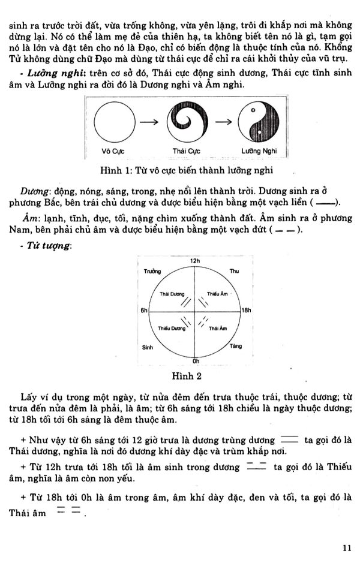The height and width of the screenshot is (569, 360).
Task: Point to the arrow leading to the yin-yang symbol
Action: click(x=224, y=123)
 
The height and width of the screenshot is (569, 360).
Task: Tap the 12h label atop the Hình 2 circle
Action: click(x=194, y=261)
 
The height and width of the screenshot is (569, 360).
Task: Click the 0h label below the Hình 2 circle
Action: click(x=195, y=362)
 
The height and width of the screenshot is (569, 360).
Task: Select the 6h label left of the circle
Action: click(x=144, y=311)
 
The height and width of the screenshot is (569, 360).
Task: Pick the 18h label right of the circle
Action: click(x=246, y=311)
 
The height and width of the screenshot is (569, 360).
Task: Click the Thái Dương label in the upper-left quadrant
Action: click(x=172, y=293)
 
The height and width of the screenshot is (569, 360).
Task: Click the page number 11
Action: click(x=347, y=547)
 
